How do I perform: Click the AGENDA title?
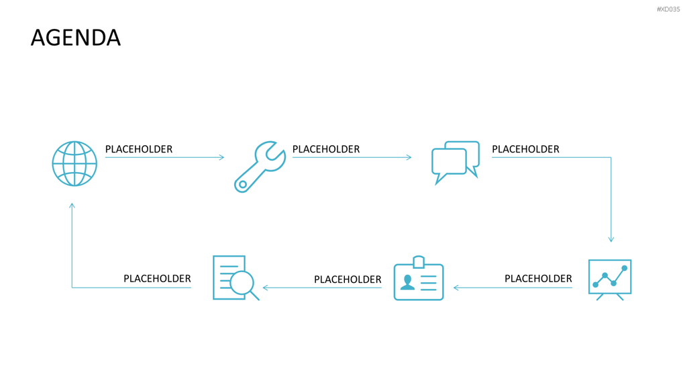[x=75, y=38]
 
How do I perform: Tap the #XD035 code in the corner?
[x=668, y=9]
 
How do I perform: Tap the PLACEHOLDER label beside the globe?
[x=139, y=149]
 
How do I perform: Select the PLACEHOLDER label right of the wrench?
[x=326, y=149]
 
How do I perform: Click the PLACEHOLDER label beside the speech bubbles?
[x=525, y=149]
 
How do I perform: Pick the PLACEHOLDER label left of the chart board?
[x=538, y=279]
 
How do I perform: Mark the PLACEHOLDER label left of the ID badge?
[x=348, y=279]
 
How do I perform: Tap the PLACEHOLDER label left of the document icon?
[x=157, y=279]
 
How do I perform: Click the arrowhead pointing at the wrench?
[x=221, y=157]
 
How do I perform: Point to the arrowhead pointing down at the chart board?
[x=611, y=240]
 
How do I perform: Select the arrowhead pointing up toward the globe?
[x=72, y=206]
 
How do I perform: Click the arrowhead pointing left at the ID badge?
[x=456, y=288]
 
